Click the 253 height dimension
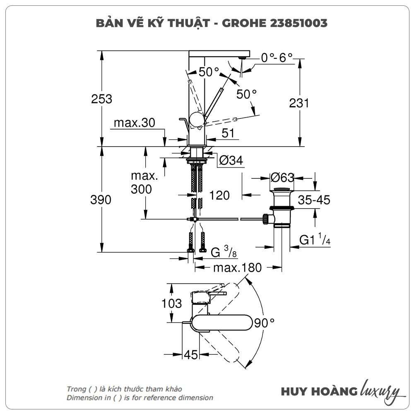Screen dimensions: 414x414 [x=102, y=99]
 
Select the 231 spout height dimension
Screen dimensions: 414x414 [x=299, y=103]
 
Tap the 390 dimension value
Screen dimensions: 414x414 [x=101, y=200]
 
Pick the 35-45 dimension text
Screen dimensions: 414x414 [x=314, y=200]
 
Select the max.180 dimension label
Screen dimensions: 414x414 [x=237, y=268]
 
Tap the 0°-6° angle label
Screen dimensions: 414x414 [x=277, y=58]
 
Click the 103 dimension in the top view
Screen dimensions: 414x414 [x=171, y=303]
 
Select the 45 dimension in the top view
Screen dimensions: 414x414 [x=190, y=355]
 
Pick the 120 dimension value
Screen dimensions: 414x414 [x=219, y=195]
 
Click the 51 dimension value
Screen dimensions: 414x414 [x=228, y=133]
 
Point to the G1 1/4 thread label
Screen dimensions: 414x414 [x=315, y=240]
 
